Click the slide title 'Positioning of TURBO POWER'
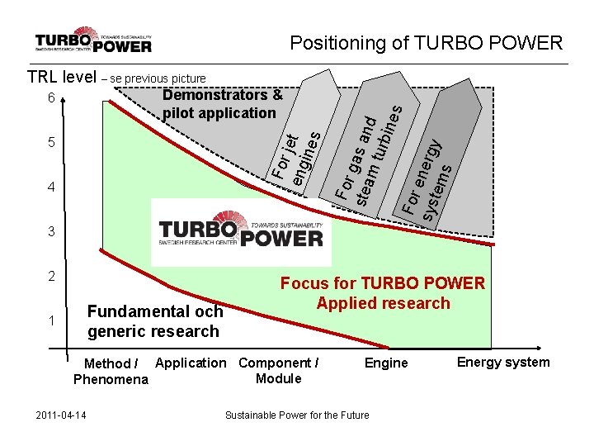click(x=427, y=43)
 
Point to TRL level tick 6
click(x=51, y=99)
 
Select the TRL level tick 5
click(x=51, y=143)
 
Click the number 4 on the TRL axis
click(x=51, y=187)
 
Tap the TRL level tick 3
click(x=51, y=232)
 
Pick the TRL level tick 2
click(x=51, y=276)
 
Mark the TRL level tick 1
click(x=51, y=320)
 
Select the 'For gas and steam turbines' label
click(x=368, y=153)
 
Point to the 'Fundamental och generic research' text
click(x=155, y=321)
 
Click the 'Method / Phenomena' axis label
click(x=110, y=372)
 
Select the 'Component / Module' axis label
click(x=278, y=371)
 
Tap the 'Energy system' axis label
click(x=503, y=363)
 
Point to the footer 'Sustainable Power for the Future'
click(x=297, y=414)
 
